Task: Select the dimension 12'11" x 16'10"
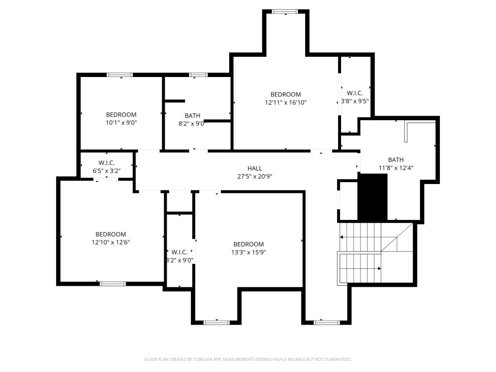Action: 286,103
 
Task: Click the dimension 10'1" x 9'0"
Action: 121,123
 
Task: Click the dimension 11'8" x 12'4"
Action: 396,168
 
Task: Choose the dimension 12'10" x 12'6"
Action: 110,243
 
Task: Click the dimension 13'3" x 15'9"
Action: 248,252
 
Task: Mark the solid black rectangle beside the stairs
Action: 373,198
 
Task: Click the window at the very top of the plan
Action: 285,11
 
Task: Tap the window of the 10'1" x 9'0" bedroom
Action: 120,75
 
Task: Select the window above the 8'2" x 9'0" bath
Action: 198,75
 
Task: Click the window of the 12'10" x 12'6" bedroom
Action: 112,283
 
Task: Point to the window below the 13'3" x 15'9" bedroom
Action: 216,322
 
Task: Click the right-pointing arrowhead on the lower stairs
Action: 379,268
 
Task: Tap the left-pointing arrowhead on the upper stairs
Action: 342,237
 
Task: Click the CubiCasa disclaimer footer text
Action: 248,359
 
